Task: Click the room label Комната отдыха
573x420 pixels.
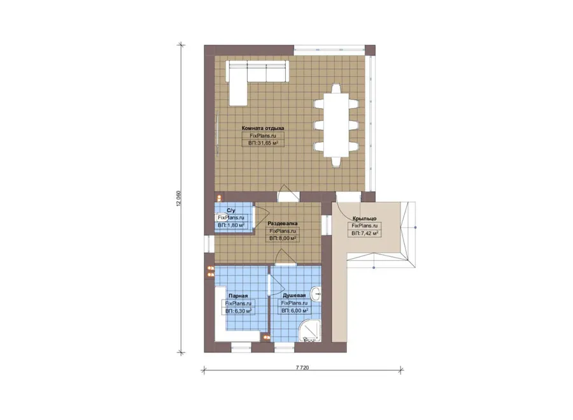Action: click(263, 128)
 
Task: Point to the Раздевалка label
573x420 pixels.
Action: click(283, 223)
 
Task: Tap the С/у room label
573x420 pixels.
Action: click(231, 210)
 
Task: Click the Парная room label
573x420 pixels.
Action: click(238, 296)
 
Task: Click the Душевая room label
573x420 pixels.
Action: click(294, 295)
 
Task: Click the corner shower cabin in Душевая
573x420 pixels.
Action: click(310, 331)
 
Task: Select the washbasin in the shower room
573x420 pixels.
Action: click(316, 293)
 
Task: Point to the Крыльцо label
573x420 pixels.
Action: click(364, 219)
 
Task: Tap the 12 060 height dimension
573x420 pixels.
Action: click(178, 199)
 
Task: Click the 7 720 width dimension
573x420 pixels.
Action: click(302, 367)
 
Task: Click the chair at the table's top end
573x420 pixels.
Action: click(336, 89)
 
